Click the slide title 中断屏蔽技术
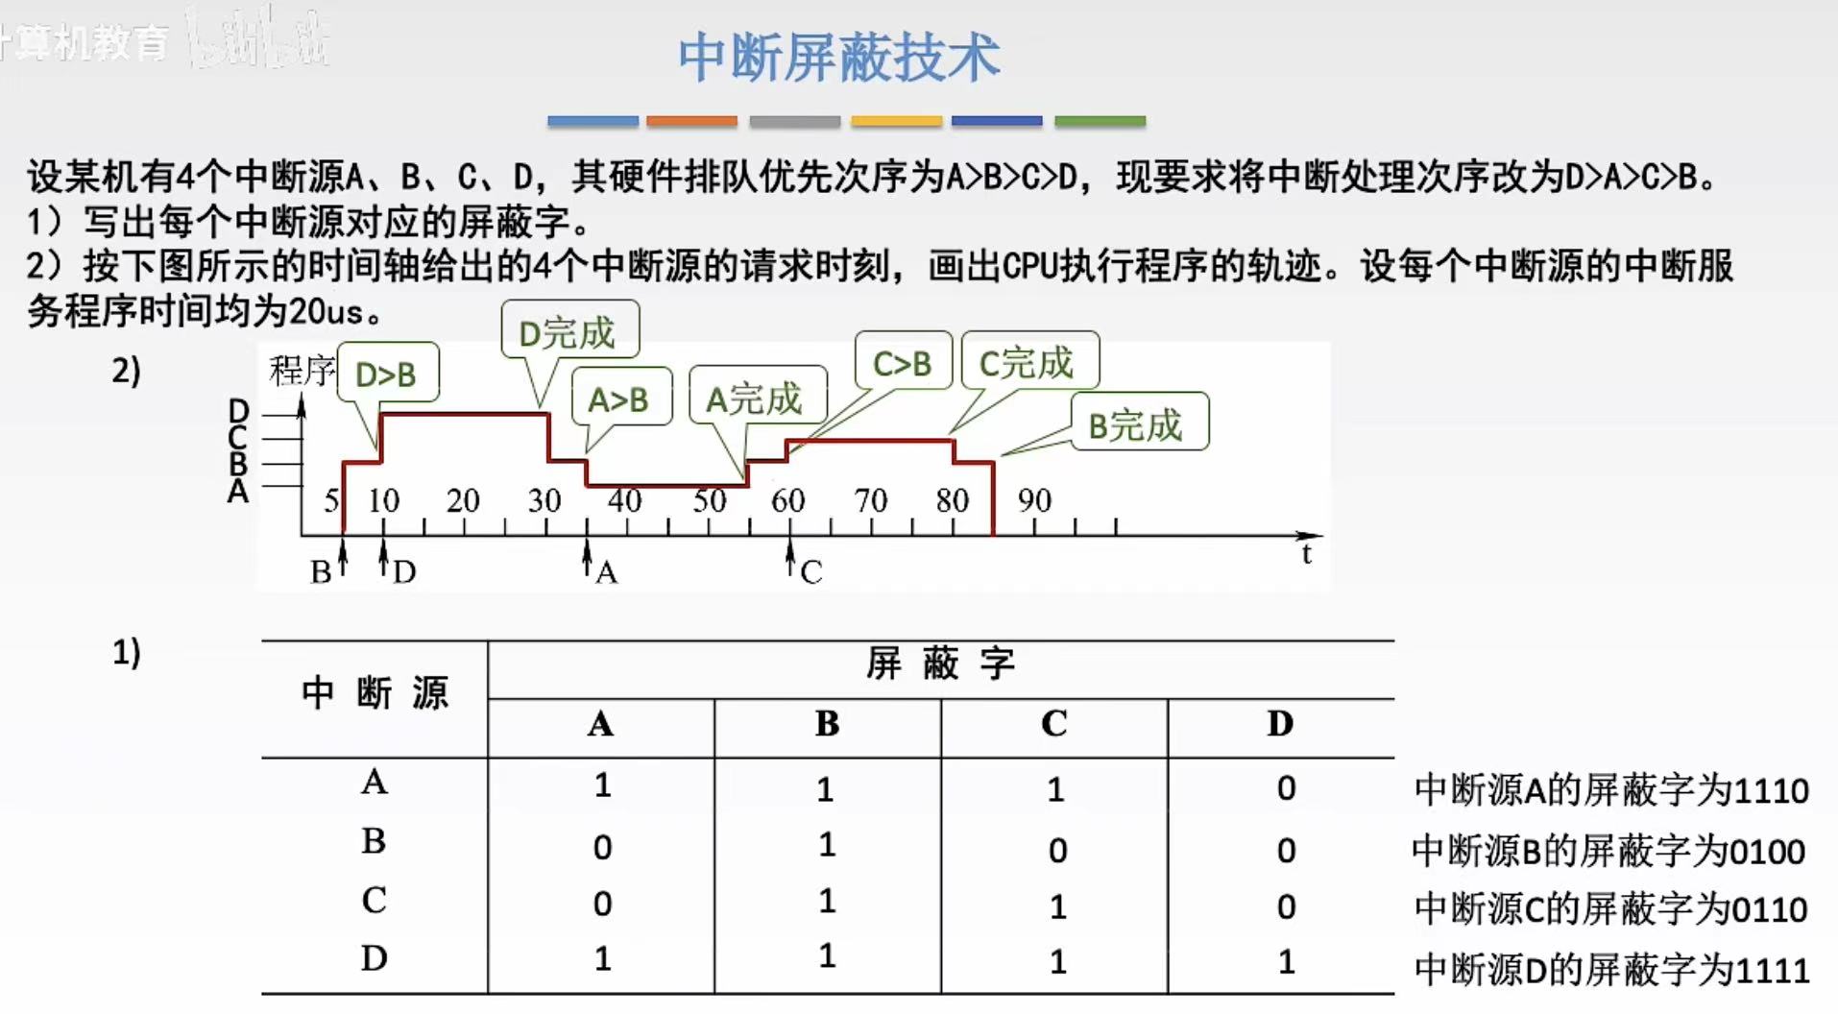[838, 58]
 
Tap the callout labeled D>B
[386, 374]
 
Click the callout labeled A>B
[619, 398]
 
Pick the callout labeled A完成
[755, 398]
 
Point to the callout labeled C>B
[902, 363]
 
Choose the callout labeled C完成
[1027, 362]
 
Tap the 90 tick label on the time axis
[1034, 499]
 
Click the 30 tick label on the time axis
[544, 499]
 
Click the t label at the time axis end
[1306, 554]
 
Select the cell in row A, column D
[1286, 788]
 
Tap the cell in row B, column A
[602, 847]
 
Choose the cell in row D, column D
[1286, 961]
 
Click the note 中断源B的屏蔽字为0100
[1608, 851]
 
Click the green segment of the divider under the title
[1100, 122]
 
